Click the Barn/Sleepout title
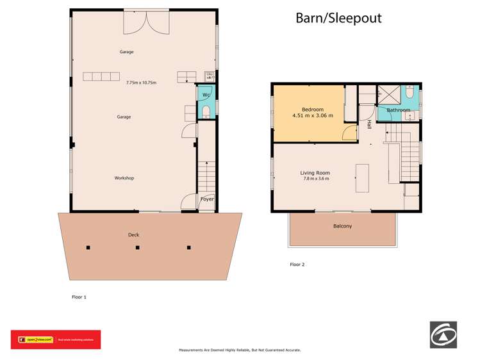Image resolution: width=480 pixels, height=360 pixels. coord(338,18)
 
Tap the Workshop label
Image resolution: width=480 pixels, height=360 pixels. coord(124,177)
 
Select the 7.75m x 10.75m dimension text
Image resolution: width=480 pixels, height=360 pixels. coord(141,83)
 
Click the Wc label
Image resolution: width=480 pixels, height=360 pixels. coord(206,95)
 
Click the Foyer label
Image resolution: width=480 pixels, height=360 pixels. coord(207,199)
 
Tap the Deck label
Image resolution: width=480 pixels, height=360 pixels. coord(133,234)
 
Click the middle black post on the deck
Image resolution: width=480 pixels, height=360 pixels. coord(138,247)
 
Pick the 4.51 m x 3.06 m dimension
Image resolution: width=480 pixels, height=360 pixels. coord(313,116)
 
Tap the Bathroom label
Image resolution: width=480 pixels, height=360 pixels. coord(397,110)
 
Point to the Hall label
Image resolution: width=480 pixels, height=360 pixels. coord(369,125)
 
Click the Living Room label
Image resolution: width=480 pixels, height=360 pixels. coord(315,172)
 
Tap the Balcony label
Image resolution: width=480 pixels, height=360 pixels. coord(342,226)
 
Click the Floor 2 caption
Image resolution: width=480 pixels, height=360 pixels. coord(297,264)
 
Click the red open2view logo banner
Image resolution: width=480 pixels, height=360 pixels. coord(55,340)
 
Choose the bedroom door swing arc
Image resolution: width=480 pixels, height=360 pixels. coord(349,133)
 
